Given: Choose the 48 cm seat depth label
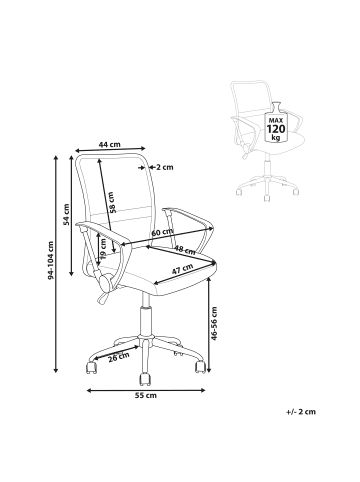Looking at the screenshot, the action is pos(184,250).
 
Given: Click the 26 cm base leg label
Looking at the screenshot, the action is pos(117,356).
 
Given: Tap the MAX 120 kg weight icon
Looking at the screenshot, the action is pos(274,129).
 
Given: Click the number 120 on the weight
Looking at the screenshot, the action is pos(274,129).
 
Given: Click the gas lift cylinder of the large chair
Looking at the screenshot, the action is pos(146,320).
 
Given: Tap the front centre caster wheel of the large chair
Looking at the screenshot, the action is pos(143,379).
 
